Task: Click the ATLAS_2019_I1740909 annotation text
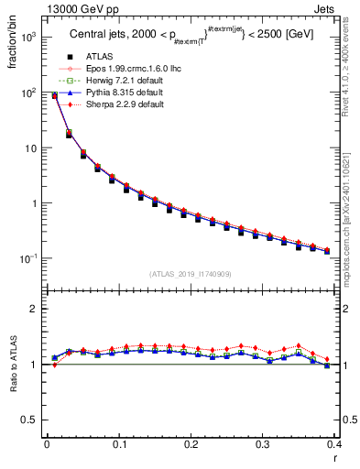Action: point(191,274)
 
